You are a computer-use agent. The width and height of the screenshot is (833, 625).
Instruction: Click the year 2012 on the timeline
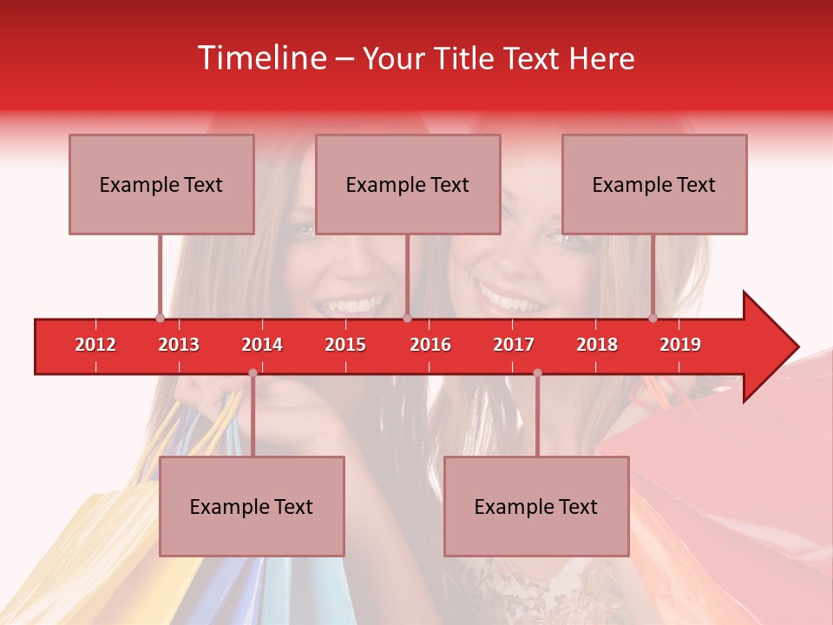(95, 345)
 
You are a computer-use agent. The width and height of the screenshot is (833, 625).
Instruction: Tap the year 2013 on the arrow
(179, 345)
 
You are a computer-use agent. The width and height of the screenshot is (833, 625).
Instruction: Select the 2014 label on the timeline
(262, 345)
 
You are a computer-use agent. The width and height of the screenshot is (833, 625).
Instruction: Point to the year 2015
(345, 345)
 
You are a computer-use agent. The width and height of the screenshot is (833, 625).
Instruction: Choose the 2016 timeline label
(430, 345)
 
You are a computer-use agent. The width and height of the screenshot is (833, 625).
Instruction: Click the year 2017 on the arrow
(514, 345)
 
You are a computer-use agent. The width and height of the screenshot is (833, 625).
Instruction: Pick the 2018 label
(597, 345)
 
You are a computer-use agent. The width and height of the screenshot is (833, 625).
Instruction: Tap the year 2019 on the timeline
(680, 345)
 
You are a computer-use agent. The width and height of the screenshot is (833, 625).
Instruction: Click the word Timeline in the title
(260, 58)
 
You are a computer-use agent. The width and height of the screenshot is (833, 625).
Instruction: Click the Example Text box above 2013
(161, 184)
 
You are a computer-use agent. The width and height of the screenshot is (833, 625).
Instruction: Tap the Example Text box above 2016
(408, 184)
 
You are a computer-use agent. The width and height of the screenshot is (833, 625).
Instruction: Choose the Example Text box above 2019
(654, 184)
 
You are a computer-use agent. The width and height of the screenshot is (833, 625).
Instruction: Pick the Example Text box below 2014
(252, 506)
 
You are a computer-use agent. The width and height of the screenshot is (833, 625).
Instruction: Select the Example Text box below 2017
(536, 506)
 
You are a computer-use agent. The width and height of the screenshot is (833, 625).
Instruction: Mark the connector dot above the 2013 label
(160, 319)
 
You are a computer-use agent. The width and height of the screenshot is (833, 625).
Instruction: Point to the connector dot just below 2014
(253, 373)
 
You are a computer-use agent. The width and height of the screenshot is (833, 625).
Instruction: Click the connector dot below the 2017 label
(537, 373)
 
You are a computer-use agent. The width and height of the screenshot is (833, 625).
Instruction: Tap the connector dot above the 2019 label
(653, 319)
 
